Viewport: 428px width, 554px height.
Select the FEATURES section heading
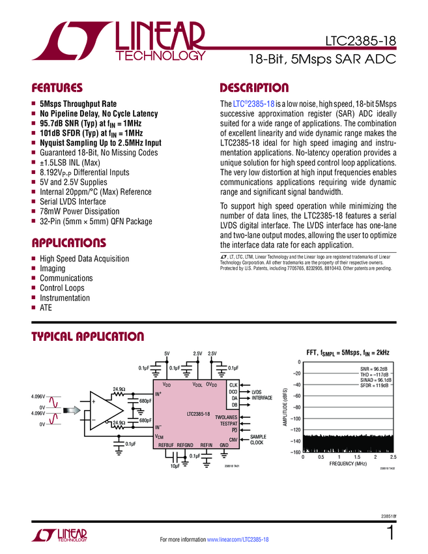coord(57,87)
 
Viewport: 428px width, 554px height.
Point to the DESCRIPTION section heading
coord(254,87)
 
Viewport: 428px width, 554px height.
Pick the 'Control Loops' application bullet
coord(62,288)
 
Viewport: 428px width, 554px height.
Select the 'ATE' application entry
coord(46,308)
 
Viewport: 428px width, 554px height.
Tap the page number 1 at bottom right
coord(390,533)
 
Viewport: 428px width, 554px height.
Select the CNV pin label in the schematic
coord(233,441)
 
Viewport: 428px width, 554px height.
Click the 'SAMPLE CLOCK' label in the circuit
coord(258,440)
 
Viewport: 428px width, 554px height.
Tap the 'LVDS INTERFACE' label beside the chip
coord(262,394)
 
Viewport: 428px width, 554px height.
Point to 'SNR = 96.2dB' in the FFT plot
coord(375,369)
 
